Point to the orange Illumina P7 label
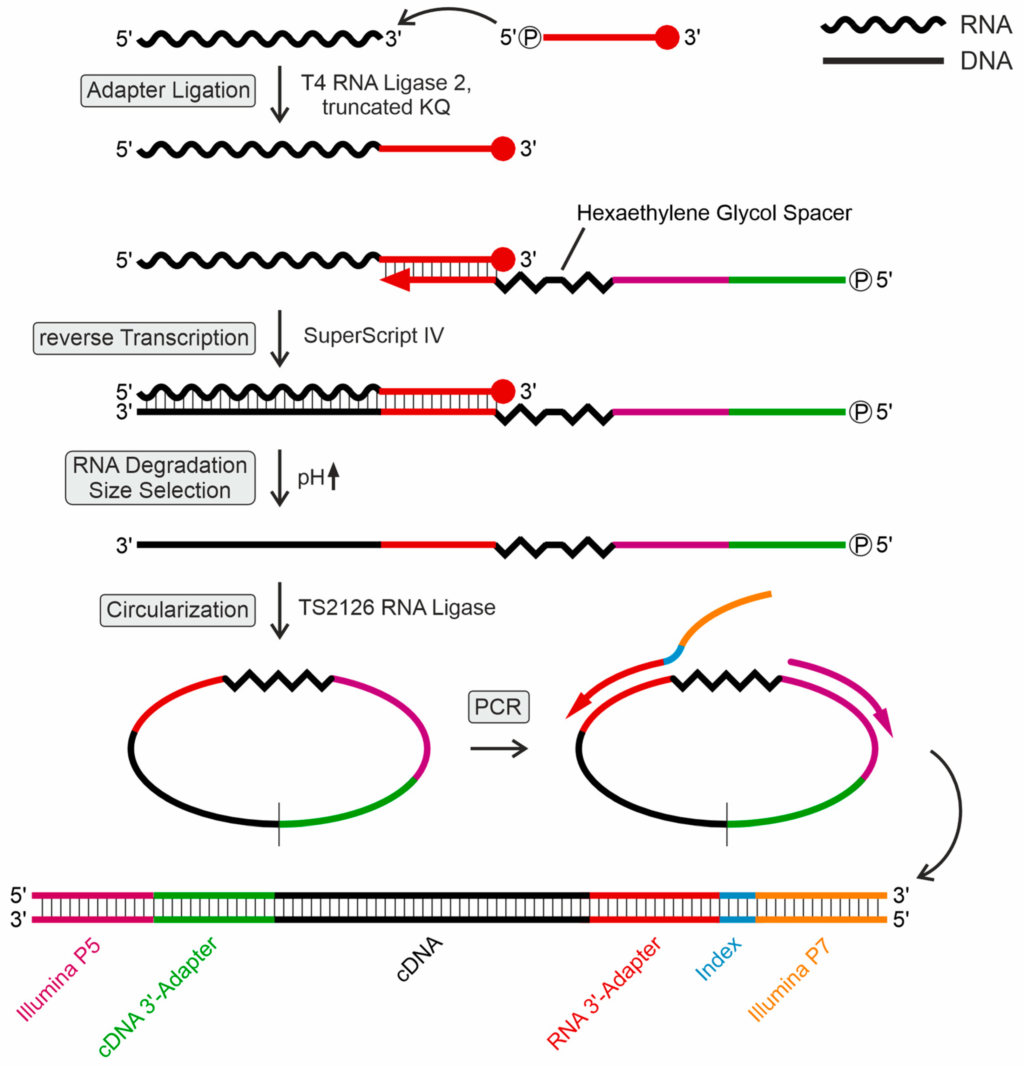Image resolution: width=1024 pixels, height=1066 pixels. [789, 979]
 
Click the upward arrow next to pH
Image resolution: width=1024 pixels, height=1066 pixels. [333, 476]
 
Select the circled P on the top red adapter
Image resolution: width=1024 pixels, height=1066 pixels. [529, 38]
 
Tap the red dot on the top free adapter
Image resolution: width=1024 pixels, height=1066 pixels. [667, 37]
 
